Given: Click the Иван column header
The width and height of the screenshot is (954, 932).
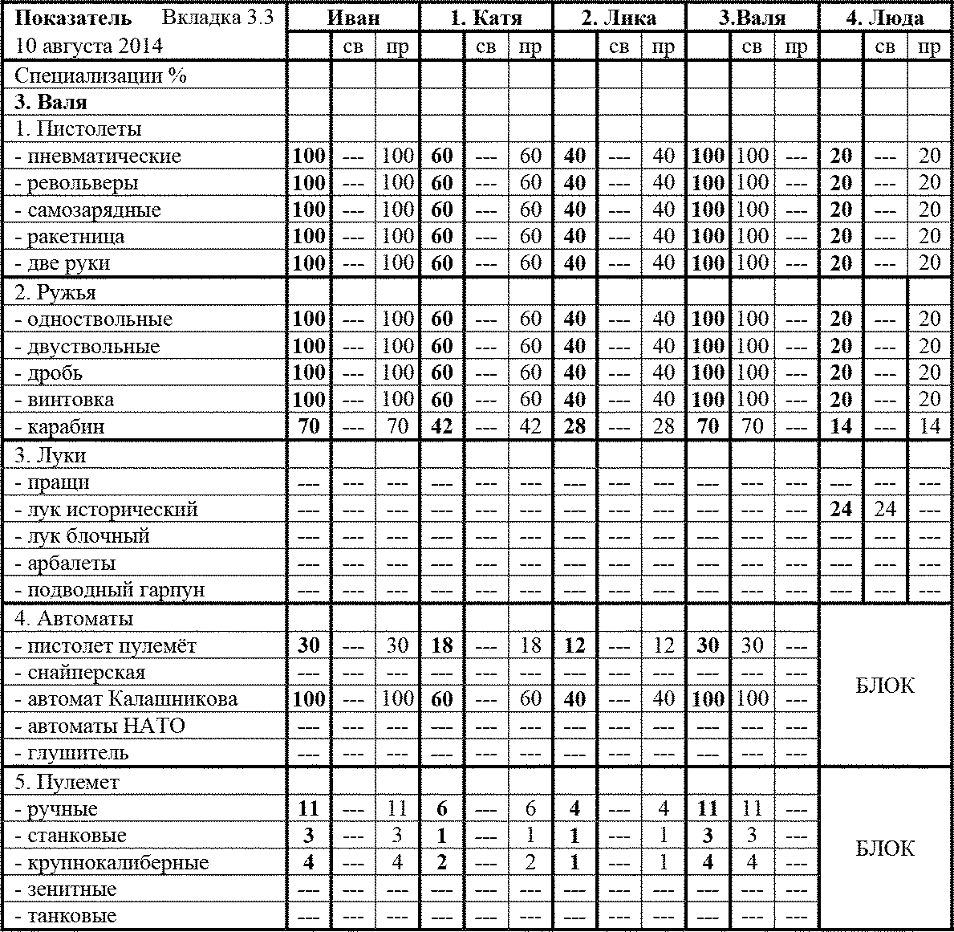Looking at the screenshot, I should [x=353, y=18].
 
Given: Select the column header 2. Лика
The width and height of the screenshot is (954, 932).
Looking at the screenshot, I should [x=619, y=18].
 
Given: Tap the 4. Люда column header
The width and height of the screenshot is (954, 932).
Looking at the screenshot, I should [x=884, y=18].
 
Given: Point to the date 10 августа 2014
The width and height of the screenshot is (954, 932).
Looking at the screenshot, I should [x=88, y=46].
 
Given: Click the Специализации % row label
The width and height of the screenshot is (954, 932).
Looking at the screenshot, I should [x=100, y=76].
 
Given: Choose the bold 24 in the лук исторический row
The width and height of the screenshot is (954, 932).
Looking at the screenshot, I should [x=841, y=509].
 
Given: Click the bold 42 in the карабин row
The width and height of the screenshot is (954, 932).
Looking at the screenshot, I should [x=442, y=426].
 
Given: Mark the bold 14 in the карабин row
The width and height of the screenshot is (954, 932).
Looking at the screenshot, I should [x=841, y=426].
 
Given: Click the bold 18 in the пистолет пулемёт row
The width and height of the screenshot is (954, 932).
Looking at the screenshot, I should [x=442, y=645].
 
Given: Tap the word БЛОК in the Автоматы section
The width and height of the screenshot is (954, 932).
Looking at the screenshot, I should [x=885, y=686].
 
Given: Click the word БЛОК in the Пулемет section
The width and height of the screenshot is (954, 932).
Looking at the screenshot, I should [x=885, y=849].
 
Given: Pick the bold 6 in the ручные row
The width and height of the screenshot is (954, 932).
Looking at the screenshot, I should [x=442, y=809].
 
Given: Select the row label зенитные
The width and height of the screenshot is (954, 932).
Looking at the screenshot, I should [x=71, y=889].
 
